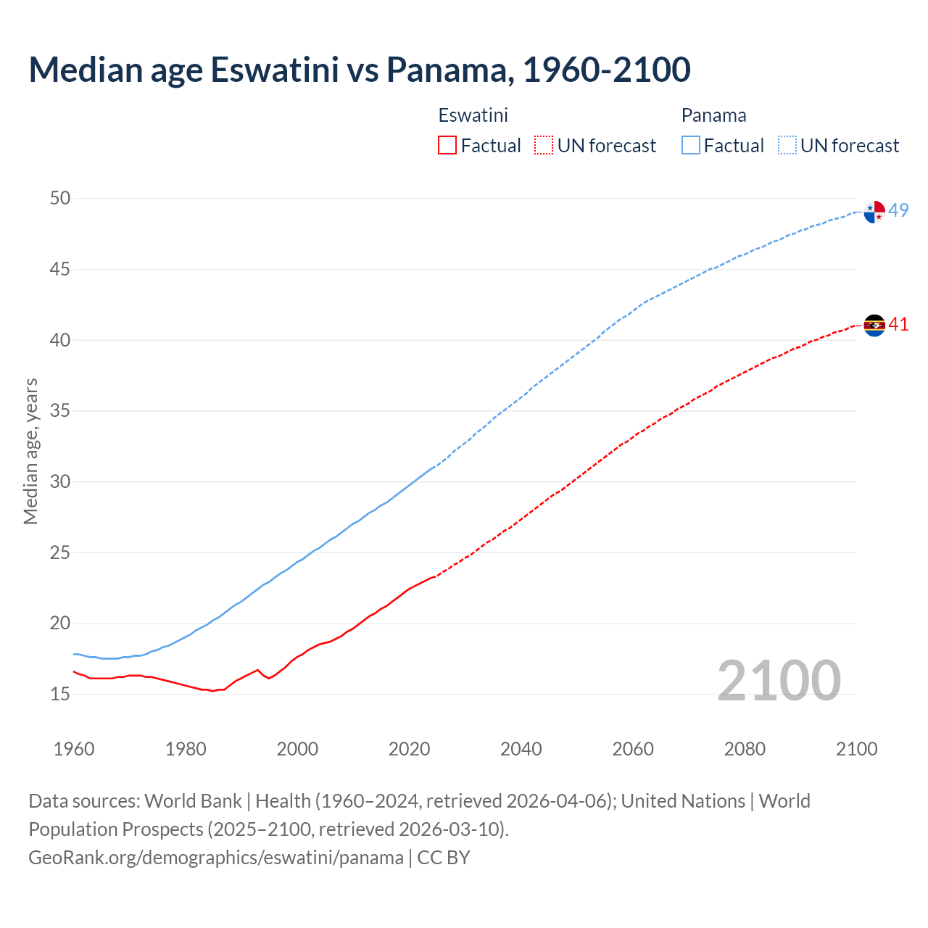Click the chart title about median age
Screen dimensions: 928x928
pos(360,70)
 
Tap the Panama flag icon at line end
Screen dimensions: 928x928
pos(874,212)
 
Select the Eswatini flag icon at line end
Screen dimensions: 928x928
pos(874,326)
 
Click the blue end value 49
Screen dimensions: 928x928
pos(899,210)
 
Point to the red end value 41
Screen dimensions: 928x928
pos(899,324)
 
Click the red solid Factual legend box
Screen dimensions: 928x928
pos(447,146)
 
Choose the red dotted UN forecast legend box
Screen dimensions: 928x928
pos(544,146)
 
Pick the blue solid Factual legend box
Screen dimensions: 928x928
pos(691,146)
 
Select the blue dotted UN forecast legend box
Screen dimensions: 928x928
pos(787,146)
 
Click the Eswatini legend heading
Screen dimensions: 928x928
pos(473,115)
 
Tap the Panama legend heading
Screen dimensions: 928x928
pos(713,115)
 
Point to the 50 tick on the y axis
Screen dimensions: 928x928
pos(60,198)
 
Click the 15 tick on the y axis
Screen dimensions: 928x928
pos(60,694)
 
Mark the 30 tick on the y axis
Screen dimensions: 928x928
pos(60,481)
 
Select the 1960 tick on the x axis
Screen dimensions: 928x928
pos(74,749)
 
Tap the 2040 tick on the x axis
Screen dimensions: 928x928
pos(521,749)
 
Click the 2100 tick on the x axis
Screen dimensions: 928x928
pos(856,749)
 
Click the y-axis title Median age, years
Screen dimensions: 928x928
pos(30,451)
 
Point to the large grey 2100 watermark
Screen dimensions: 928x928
pos(779,681)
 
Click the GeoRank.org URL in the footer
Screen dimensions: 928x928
pos(216,858)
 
